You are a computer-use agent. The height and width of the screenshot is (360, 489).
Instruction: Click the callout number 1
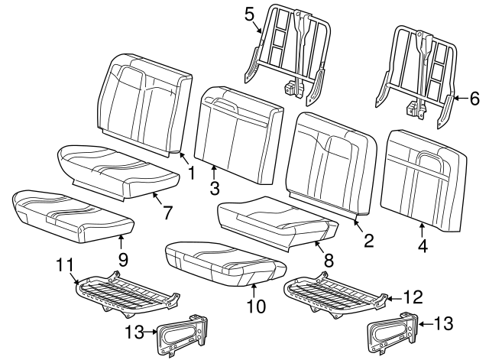[x=192, y=173]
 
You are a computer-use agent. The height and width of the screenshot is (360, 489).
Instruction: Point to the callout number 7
[x=167, y=212]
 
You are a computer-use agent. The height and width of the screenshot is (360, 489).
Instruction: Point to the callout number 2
[x=368, y=241]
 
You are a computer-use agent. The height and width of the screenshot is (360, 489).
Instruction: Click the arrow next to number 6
[x=456, y=99]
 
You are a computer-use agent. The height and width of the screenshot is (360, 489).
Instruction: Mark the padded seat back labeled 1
[x=144, y=99]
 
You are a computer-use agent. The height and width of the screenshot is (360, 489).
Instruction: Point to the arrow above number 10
[x=254, y=288]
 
